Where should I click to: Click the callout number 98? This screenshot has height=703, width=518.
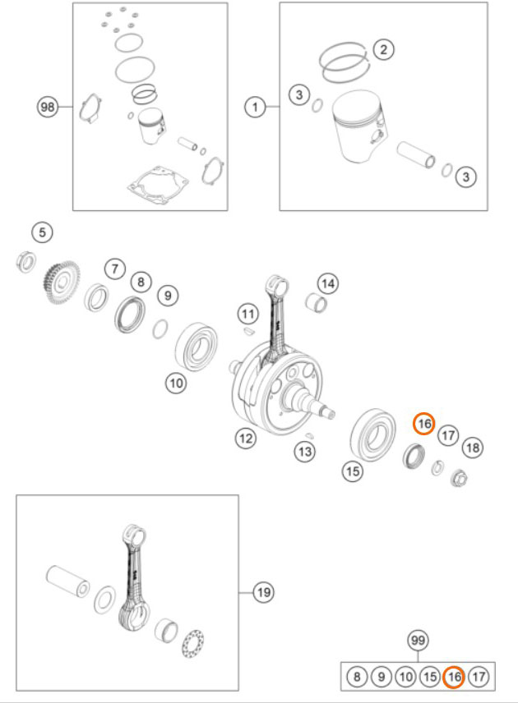coord(47,107)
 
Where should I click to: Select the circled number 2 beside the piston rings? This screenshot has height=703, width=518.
coord(383,49)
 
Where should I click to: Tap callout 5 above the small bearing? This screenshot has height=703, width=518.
coord(42,232)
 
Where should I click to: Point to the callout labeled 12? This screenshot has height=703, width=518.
coord(246,438)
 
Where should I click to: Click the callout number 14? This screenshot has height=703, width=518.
coord(328,283)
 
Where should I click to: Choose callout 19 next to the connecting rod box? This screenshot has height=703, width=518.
coord(263,592)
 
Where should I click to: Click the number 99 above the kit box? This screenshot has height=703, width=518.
coord(418,641)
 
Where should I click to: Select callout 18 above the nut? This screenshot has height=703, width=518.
coord(473,448)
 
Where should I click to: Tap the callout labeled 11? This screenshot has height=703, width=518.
coord(248,314)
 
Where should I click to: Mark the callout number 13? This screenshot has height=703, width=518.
coord(305,452)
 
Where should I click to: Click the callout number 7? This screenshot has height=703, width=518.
coord(115,269)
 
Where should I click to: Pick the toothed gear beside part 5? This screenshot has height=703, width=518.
coord(62,282)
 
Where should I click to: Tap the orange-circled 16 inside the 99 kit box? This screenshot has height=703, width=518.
coord(454,677)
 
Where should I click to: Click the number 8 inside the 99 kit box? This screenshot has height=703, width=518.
coord(357,677)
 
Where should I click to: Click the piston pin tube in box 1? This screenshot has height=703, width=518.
coord(416,154)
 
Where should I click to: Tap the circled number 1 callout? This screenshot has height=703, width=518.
coord(256,107)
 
